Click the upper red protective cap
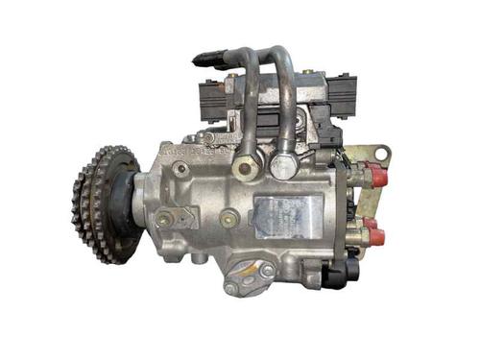375,177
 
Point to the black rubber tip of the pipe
202,59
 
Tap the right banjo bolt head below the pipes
282,166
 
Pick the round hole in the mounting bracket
381,154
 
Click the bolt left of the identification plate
228,219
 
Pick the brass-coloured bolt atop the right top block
307,72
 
